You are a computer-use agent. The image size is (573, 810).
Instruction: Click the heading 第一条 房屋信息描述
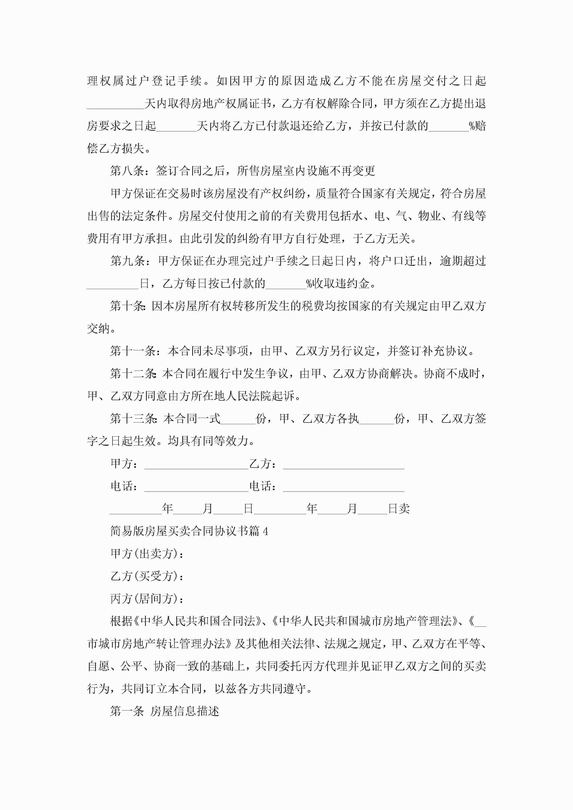pos(165,711)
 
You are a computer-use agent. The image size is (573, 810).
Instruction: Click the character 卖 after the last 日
pos(404,509)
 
